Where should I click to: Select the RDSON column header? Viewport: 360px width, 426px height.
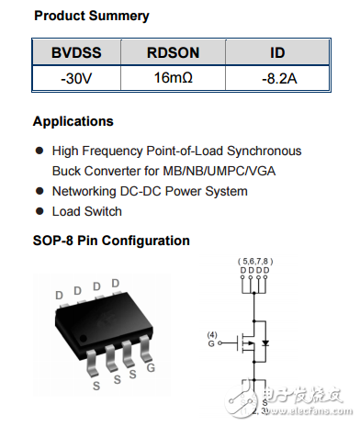click(173, 52)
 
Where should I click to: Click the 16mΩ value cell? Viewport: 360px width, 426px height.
click(173, 79)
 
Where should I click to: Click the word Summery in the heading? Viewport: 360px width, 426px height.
click(120, 17)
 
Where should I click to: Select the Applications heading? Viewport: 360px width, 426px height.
click(73, 121)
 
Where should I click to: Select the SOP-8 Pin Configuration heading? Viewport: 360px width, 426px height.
click(111, 241)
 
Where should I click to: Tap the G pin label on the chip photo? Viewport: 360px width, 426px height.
click(152, 367)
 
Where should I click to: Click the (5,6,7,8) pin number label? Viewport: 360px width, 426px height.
click(255, 261)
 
